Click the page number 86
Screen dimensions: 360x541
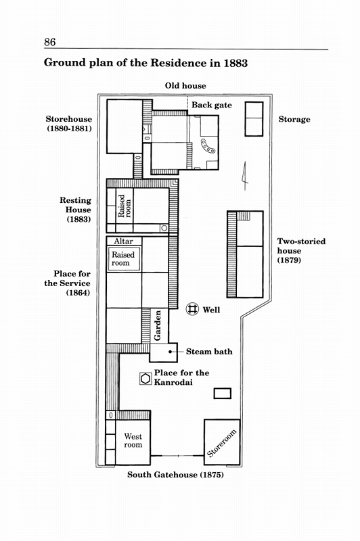click(x=49, y=42)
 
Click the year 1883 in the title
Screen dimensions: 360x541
click(x=235, y=63)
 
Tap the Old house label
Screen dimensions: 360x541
click(x=185, y=86)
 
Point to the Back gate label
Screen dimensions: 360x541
click(x=212, y=105)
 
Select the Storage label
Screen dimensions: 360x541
click(x=294, y=120)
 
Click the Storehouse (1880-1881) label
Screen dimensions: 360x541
click(x=69, y=124)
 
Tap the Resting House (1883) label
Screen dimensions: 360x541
click(x=76, y=210)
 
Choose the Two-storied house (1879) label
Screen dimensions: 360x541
click(x=301, y=250)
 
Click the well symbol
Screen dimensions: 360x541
click(x=193, y=309)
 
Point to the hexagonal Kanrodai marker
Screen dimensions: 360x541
click(x=145, y=379)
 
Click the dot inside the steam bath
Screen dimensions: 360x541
click(x=170, y=352)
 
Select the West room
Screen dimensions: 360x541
click(x=133, y=442)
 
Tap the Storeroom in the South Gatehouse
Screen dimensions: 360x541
click(x=222, y=442)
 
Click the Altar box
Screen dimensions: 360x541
click(x=124, y=241)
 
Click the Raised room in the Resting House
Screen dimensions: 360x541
click(x=125, y=206)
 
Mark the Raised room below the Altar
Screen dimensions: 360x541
click(x=124, y=259)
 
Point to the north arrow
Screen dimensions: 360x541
click(x=245, y=176)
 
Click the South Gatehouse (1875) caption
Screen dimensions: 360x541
click(x=175, y=475)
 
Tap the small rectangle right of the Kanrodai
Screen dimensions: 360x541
click(x=222, y=394)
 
